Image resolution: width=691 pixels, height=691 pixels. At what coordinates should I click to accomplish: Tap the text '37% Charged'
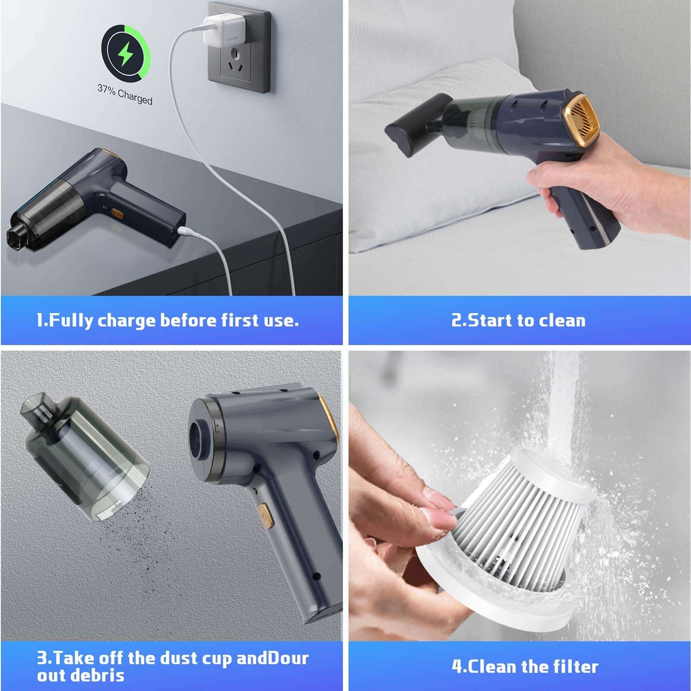click(x=125, y=94)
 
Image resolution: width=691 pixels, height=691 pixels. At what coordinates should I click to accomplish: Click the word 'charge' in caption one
click(x=127, y=321)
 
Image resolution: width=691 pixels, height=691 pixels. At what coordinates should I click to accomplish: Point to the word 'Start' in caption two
click(x=489, y=320)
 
